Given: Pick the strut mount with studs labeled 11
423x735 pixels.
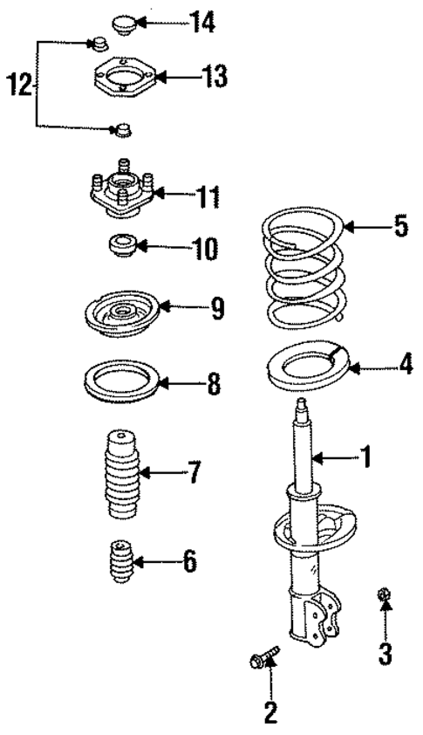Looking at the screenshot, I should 121,194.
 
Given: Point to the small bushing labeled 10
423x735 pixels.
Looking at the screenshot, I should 122,247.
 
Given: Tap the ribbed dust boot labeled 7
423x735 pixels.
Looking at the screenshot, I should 118,474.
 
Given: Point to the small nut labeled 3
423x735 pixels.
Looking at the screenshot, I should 385,595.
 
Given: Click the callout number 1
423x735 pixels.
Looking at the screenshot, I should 365,455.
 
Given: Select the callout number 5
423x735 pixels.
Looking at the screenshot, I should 399,227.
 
